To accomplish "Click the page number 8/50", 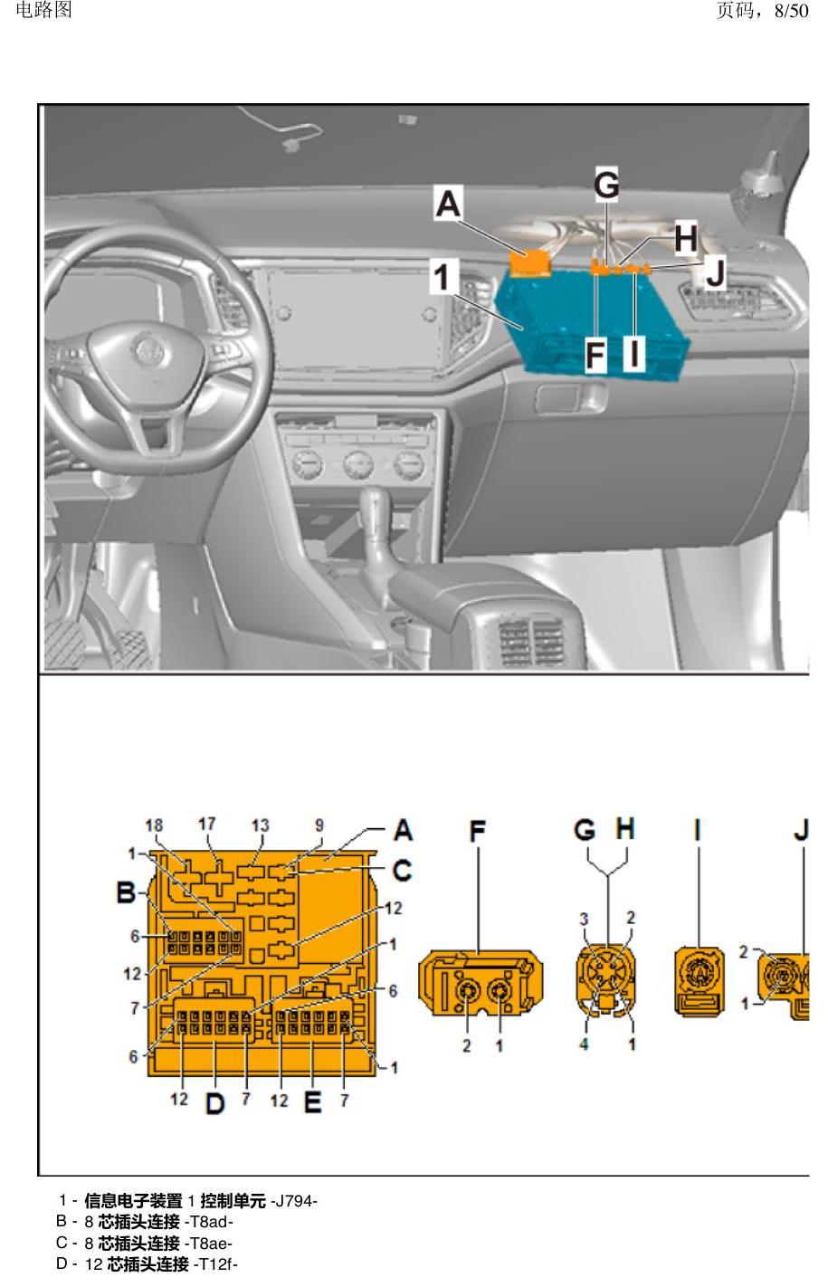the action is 791,10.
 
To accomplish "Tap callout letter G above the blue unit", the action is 606,185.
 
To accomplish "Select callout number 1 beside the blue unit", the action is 442,276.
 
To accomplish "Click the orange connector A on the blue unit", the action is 529,263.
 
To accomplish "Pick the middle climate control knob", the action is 358,464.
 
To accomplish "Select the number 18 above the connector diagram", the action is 154,825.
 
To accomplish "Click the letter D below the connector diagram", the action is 214,1103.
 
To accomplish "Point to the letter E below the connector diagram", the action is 312,1102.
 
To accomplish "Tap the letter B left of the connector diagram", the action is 126,892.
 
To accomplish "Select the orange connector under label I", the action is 700,981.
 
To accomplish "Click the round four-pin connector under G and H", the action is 607,977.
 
